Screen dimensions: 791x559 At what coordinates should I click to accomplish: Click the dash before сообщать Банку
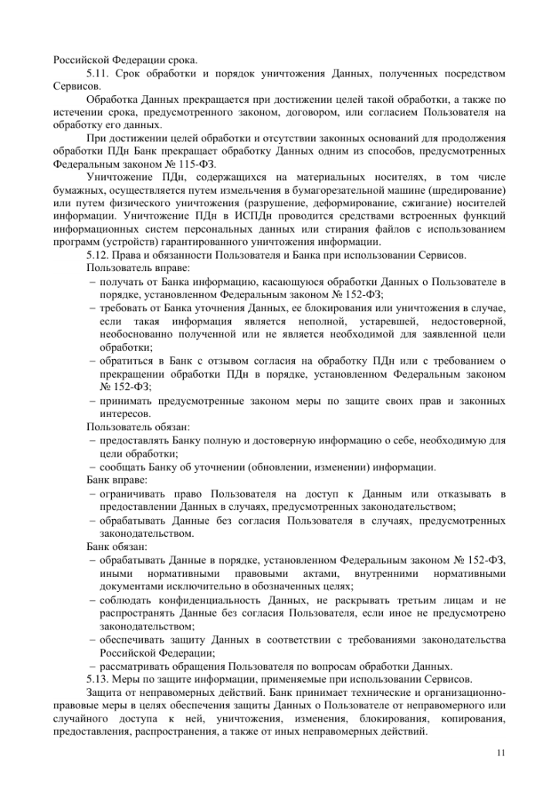92,467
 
